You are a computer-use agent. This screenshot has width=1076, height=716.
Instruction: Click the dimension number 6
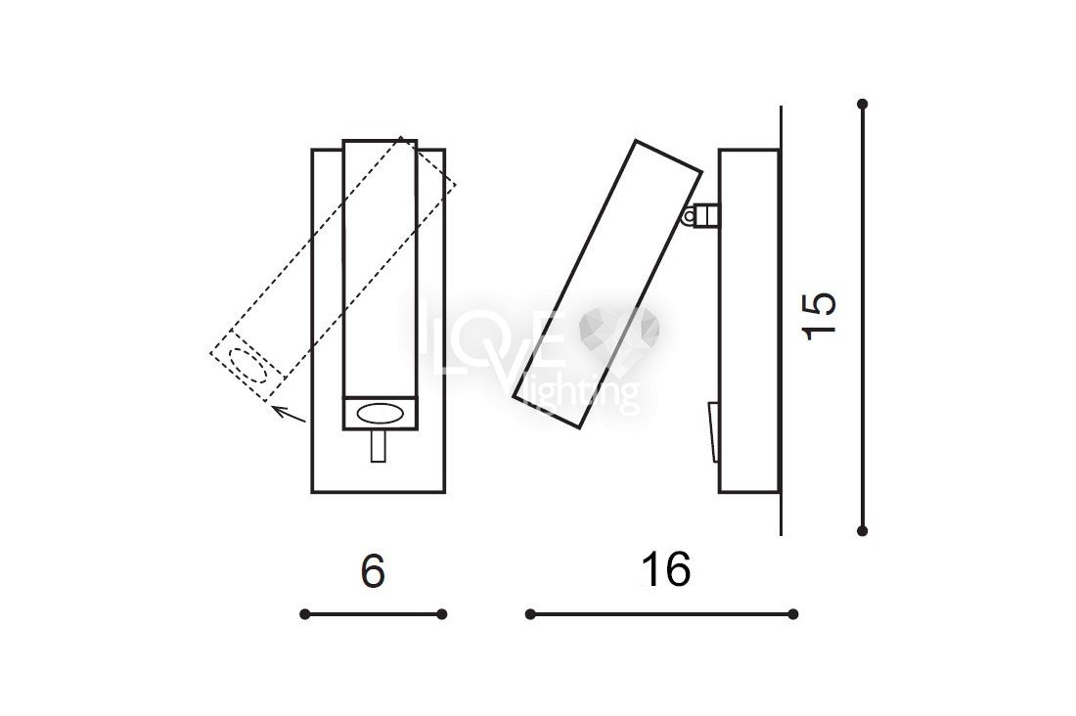point(373,570)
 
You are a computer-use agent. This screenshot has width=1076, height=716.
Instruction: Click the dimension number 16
point(665,570)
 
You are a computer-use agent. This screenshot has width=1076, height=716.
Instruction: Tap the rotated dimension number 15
point(820,316)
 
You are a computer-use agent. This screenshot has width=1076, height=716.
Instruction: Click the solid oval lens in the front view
point(381,414)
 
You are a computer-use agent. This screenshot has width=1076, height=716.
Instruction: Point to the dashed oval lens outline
point(247,365)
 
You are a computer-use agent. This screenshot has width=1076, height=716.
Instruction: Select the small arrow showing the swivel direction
point(289,414)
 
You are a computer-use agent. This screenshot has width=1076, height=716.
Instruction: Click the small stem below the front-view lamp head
point(379,445)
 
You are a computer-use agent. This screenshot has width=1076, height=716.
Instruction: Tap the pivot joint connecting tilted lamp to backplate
point(700,216)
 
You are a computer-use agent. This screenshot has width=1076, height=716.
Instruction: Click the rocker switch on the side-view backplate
point(714,432)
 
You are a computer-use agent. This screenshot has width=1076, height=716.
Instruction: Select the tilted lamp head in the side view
point(607,285)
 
